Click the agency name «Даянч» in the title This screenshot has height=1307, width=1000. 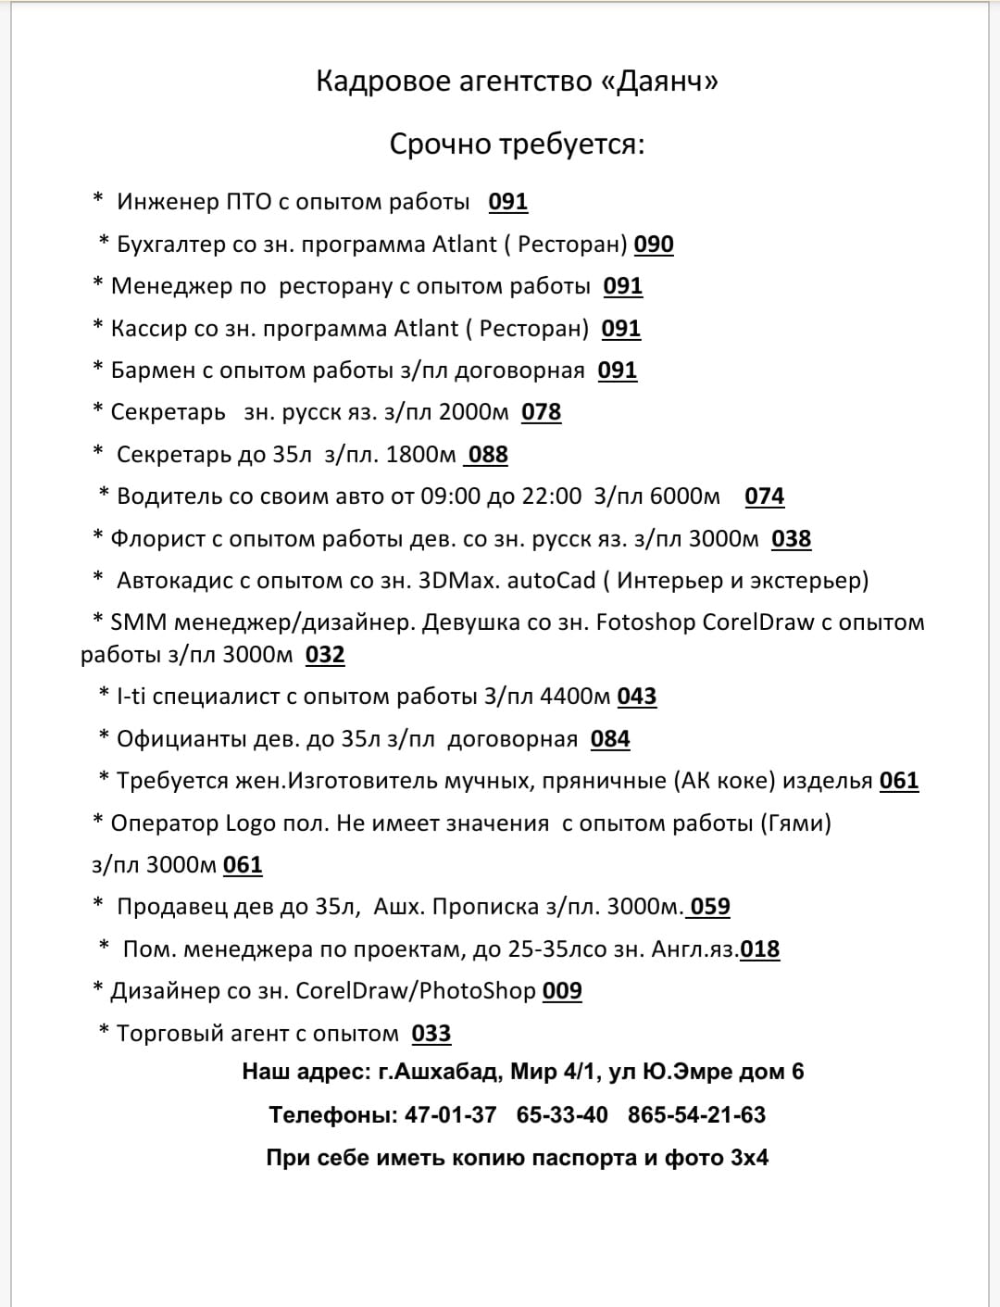(x=659, y=82)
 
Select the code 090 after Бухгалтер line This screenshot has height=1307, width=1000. (x=654, y=245)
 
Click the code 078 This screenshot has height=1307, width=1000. (x=541, y=412)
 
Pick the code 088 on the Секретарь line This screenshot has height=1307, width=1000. (x=488, y=455)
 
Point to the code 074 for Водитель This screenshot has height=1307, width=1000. (x=764, y=496)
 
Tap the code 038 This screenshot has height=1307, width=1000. (x=791, y=539)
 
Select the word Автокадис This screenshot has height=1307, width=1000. (x=174, y=581)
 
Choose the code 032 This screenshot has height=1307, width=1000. (x=325, y=655)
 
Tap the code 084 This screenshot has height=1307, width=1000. (x=610, y=739)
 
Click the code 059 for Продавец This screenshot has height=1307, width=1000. (x=710, y=907)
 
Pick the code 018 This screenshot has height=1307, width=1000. (x=760, y=949)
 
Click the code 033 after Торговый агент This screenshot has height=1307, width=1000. (x=431, y=1034)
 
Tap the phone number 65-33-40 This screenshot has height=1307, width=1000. (x=562, y=1114)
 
